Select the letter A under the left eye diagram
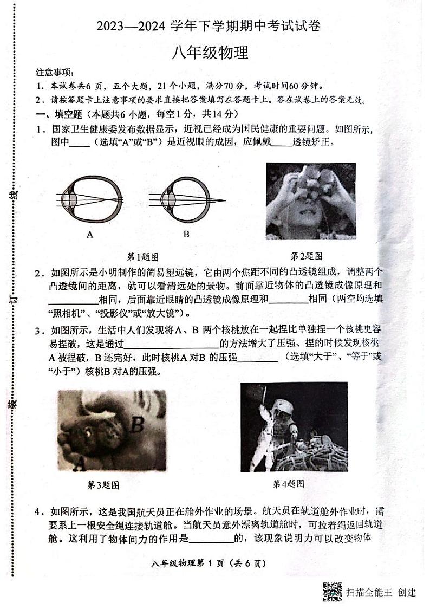click(89, 234)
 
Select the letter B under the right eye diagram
click(186, 234)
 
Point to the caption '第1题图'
click(142, 256)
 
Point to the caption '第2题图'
click(307, 256)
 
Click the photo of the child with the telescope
click(310, 200)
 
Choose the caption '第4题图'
click(288, 483)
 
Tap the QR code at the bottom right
click(333, 592)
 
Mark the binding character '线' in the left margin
click(15, 193)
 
